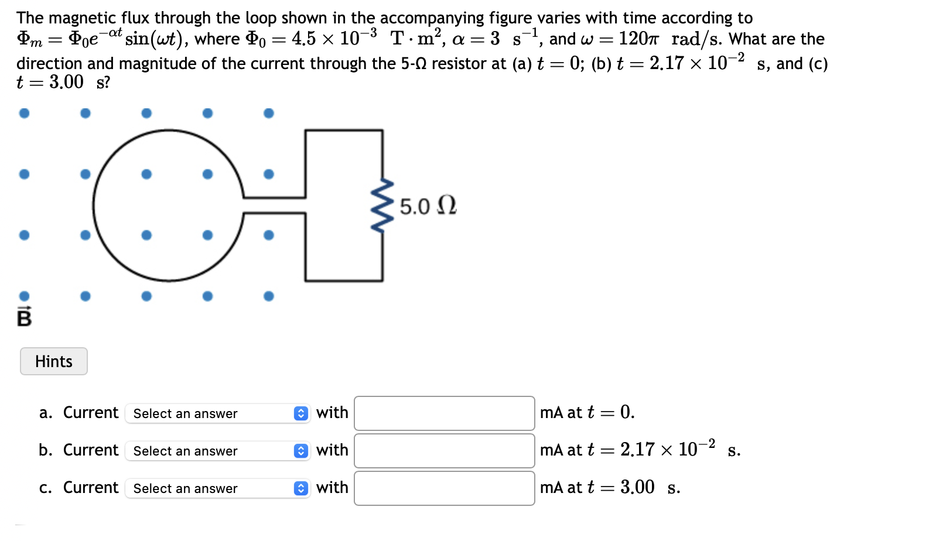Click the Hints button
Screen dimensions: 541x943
pos(54,361)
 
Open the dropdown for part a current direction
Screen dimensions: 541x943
pos(217,413)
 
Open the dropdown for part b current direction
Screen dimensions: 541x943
pos(217,451)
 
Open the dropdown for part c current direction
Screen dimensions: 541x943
pos(217,488)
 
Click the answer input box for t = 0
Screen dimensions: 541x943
pos(444,413)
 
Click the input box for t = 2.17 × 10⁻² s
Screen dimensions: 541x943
pos(444,451)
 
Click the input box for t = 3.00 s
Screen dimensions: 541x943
pos(444,488)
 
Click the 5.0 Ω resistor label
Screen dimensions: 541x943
pos(428,207)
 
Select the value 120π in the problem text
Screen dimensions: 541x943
pos(638,39)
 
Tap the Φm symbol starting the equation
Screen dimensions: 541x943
pos(29,39)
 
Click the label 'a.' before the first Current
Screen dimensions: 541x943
pos(46,413)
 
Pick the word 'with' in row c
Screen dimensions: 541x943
pos(332,488)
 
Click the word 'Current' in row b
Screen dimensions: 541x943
pos(91,450)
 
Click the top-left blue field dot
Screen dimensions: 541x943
pos(24,113)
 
